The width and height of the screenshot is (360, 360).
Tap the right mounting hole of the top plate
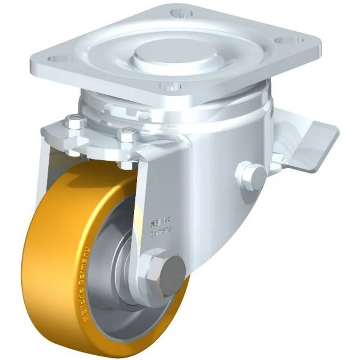point(284,40)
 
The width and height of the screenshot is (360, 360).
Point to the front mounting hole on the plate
point(170,86)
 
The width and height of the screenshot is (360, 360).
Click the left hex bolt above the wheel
point(76,123)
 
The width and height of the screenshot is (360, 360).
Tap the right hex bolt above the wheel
point(127,136)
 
